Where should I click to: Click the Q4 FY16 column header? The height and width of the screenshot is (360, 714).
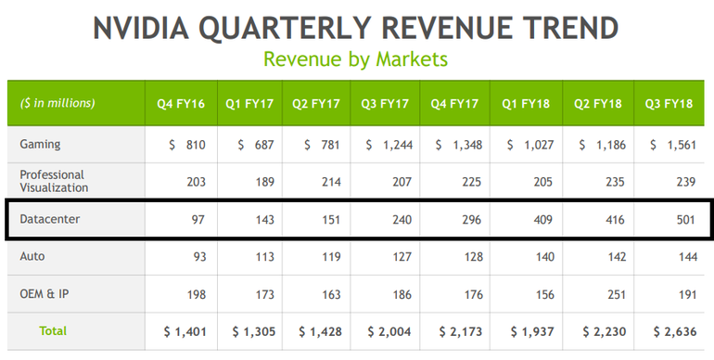click(x=181, y=104)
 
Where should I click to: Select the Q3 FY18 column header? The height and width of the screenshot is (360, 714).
click(x=669, y=104)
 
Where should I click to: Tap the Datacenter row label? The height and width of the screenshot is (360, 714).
click(x=50, y=219)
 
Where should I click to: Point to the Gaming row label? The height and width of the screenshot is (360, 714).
click(x=40, y=145)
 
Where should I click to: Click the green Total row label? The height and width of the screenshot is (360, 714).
click(x=53, y=331)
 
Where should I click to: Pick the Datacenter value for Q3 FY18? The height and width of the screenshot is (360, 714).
click(x=686, y=220)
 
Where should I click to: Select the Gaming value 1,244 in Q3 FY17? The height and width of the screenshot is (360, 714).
click(x=389, y=145)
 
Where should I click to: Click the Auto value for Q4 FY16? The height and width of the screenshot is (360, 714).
click(x=199, y=257)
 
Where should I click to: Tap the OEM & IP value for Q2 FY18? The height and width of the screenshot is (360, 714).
click(x=616, y=295)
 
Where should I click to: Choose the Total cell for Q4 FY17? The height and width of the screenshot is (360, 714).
click(x=460, y=332)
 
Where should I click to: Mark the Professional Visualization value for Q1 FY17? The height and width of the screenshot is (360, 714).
click(x=264, y=182)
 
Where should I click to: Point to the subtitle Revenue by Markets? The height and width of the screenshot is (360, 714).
click(x=356, y=59)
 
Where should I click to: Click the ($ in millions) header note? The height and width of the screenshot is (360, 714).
click(x=57, y=103)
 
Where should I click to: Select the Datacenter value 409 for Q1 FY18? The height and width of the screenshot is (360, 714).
click(x=542, y=220)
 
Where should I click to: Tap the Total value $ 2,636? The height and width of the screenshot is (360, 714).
click(x=675, y=332)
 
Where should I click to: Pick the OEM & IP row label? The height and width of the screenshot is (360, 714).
click(x=45, y=294)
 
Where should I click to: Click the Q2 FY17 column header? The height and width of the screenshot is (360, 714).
click(x=316, y=104)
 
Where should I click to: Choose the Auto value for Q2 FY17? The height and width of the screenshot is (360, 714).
click(x=331, y=257)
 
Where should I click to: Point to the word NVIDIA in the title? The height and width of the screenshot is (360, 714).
click(x=141, y=28)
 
